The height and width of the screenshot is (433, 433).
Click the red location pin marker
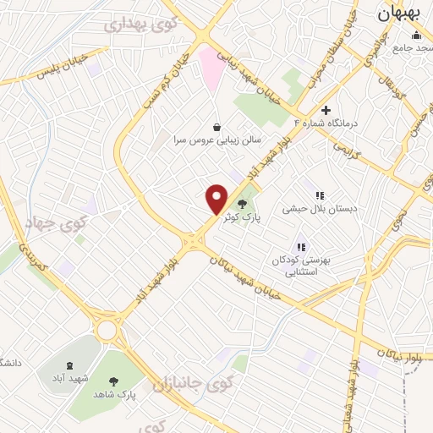point(217,199)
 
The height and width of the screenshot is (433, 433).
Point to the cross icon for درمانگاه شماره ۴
point(326,110)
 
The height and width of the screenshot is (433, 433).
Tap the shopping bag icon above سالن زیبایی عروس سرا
point(218,127)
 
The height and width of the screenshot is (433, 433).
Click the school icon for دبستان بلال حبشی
point(320,195)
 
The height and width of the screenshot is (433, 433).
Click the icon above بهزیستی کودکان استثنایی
point(300,247)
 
